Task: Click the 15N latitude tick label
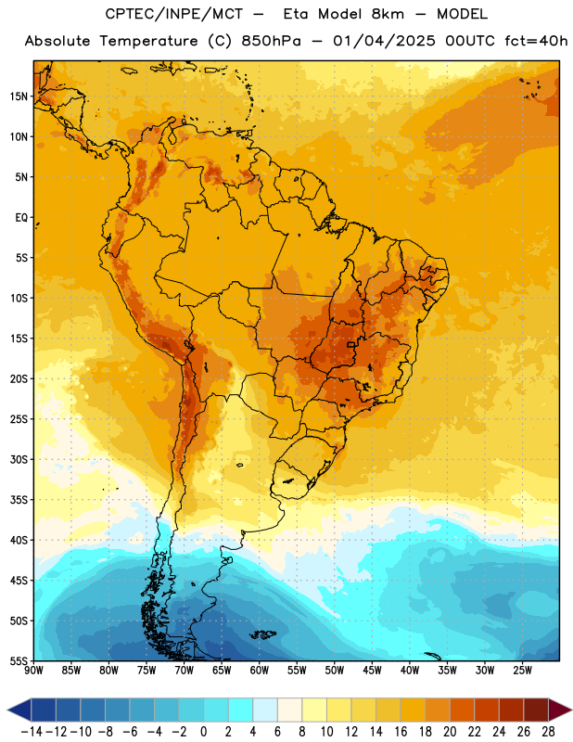[19, 96]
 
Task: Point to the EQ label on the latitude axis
[21, 218]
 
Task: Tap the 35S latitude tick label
[19, 500]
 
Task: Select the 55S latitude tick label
[19, 660]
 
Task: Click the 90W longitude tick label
[33, 671]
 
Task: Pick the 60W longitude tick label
[260, 671]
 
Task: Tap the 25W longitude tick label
[522, 671]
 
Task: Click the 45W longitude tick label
[372, 671]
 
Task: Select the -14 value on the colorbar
[32, 732]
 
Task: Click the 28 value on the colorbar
[548, 732]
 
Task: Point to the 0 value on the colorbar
[203, 732]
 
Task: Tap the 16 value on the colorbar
[401, 732]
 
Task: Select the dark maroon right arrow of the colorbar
[560, 710]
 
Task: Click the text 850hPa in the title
[271, 41]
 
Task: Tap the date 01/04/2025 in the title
[384, 41]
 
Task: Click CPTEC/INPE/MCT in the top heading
[173, 14]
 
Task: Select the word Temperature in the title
[149, 41]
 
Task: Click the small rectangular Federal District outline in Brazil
[351, 344]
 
